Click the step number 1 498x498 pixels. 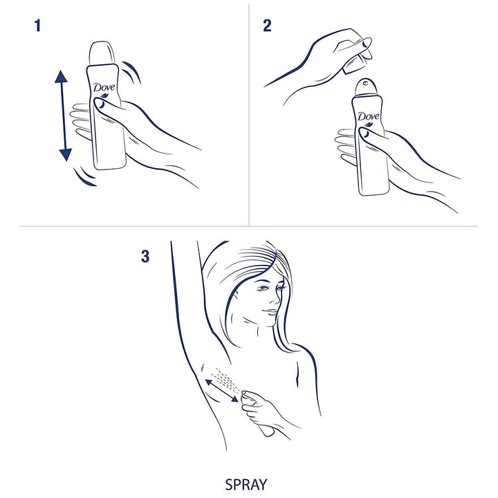click(38, 27)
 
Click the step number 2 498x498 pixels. click(267, 27)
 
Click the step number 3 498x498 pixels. click(145, 256)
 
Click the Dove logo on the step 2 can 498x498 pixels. click(369, 117)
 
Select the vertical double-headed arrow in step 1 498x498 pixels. click(62, 115)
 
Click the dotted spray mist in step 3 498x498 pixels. click(223, 376)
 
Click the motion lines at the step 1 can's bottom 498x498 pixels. click(86, 178)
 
